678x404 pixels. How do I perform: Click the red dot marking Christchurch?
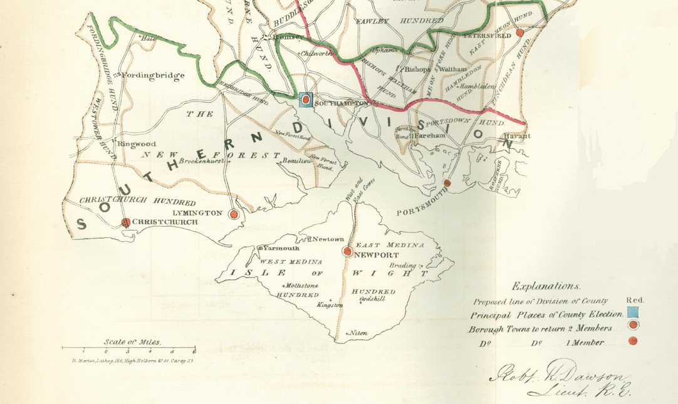pos(125,222)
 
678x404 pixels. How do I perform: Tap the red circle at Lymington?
pos(234,214)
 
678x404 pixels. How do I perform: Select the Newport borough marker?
pos(347,251)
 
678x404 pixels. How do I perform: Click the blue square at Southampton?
pos(306,100)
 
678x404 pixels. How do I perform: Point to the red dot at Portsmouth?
pos(447,183)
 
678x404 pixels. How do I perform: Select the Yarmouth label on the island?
pos(280,248)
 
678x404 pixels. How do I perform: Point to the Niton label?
pos(358,333)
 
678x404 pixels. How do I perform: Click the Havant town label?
pos(517,136)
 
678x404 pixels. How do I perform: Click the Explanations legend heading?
pos(545,286)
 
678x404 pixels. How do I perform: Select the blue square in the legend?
pos(633,313)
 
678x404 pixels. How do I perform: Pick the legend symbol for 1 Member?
pos(633,341)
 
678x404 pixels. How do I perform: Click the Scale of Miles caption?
pos(132,342)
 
